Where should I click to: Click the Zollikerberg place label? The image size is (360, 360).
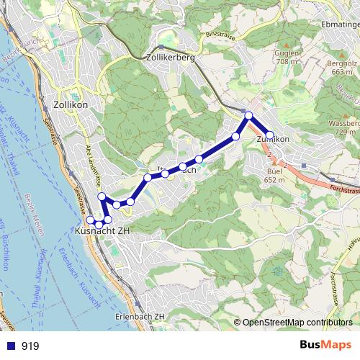[x=170, y=58]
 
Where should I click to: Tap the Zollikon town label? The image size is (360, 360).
[x=71, y=104]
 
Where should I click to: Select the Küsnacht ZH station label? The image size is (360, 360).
[x=102, y=231]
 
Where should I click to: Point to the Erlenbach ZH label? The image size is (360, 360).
[x=140, y=317]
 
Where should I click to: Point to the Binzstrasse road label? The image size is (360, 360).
[x=220, y=34]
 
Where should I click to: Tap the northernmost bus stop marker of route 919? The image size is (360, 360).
[x=248, y=116]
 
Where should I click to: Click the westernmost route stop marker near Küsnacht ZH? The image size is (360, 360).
[x=91, y=220]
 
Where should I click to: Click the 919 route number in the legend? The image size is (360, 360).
[x=30, y=346]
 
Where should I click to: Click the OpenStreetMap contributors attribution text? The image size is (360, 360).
[x=297, y=323]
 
